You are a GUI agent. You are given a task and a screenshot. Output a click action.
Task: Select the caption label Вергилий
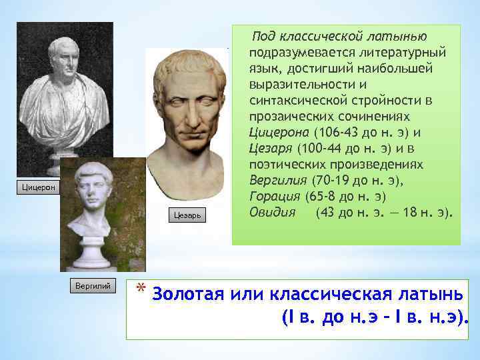93,284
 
